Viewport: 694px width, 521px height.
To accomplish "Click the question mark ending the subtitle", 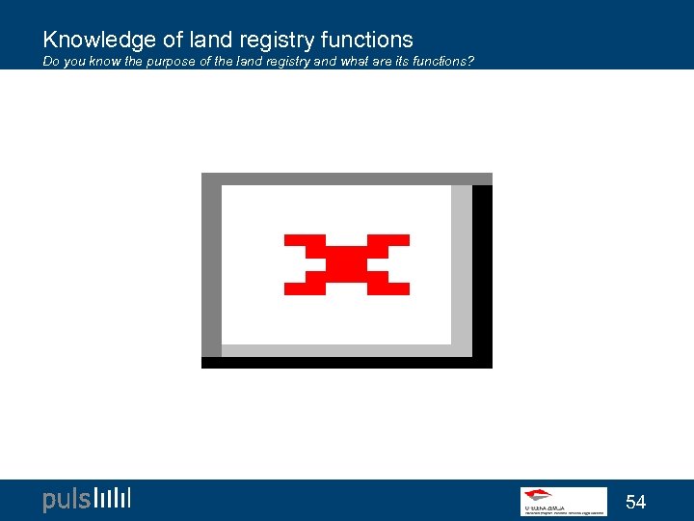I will tap(470, 63).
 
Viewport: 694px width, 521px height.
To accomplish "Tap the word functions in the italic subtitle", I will tap(437, 63).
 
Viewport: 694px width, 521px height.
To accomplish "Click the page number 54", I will tap(635, 502).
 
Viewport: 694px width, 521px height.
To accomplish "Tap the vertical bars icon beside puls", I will tap(114, 498).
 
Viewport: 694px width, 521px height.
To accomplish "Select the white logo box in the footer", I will tap(564, 501).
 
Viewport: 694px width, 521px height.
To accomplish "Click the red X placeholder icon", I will tap(347, 264).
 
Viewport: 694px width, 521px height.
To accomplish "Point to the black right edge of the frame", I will tap(482, 275).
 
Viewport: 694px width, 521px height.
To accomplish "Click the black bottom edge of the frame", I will tap(347, 363).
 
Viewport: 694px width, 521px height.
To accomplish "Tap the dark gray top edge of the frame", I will tap(347, 178).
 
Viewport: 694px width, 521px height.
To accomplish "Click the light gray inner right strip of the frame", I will tap(462, 265).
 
